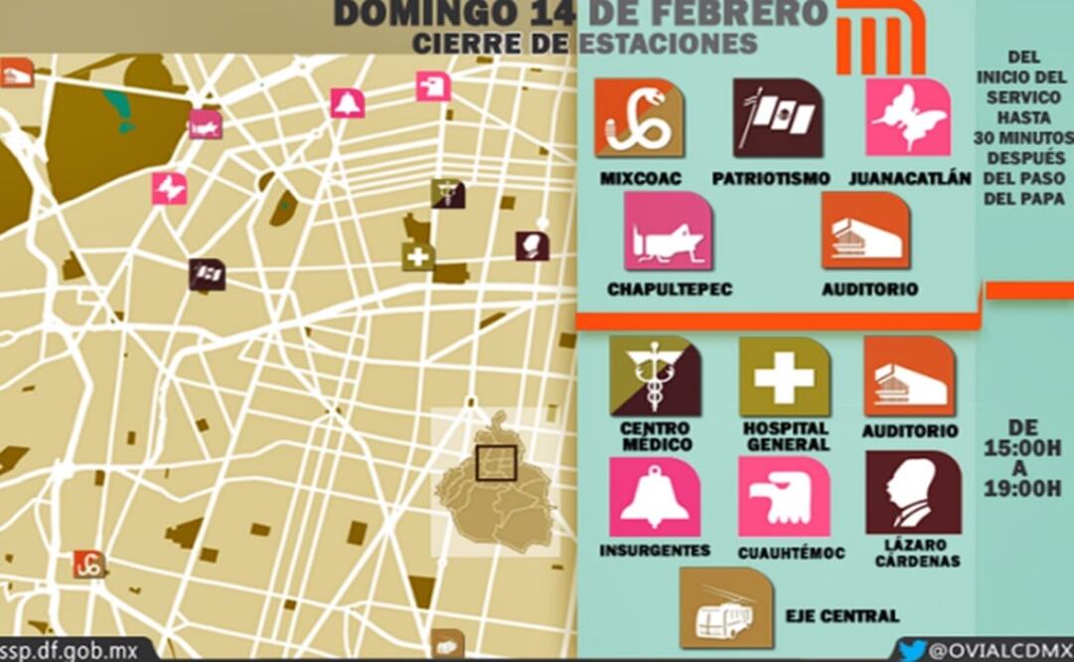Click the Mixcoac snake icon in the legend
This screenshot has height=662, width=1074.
(638, 118)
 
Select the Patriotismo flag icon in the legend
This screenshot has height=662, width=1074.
(778, 118)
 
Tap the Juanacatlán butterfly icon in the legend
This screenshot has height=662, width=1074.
(908, 118)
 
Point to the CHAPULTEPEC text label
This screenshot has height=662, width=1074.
(669, 289)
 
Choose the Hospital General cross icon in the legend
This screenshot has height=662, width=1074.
(784, 378)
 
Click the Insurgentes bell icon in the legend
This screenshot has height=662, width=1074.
(655, 496)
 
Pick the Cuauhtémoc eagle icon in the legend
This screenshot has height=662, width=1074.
(784, 496)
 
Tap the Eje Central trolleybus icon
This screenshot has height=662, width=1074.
(726, 608)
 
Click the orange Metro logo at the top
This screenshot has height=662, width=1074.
(880, 39)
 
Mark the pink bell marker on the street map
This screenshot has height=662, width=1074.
(348, 102)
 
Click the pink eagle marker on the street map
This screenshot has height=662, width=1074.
(433, 86)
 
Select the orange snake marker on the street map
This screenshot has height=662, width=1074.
(89, 565)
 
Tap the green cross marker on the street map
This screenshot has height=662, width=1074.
(418, 256)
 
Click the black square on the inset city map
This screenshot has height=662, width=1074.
(496, 463)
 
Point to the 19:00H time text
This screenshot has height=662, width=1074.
(1023, 488)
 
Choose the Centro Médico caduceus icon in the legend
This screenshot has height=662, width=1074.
(655, 378)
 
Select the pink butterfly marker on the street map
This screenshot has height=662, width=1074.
(169, 188)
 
